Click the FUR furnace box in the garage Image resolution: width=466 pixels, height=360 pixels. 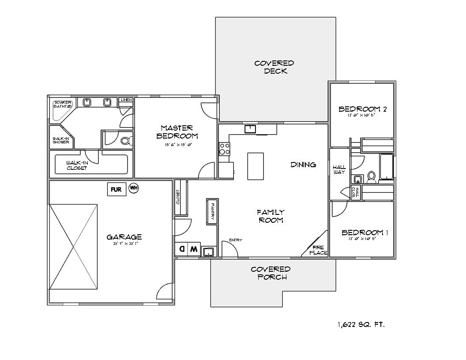pyautogui.click(x=116, y=189)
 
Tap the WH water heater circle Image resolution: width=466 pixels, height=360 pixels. pyautogui.click(x=134, y=188)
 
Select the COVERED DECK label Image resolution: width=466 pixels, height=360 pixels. pyautogui.click(x=274, y=67)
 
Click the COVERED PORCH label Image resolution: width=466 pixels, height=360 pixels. pyautogui.click(x=271, y=273)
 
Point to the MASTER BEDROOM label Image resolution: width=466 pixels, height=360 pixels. pyautogui.click(x=177, y=132)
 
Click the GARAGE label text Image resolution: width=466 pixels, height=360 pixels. pyautogui.click(x=124, y=237)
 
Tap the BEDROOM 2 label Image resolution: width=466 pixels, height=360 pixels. pyautogui.click(x=362, y=109)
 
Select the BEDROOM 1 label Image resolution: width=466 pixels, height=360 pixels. pyautogui.click(x=365, y=232)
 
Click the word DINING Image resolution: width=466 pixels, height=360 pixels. pyautogui.click(x=303, y=165)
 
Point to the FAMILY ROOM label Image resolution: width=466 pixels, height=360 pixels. pyautogui.click(x=271, y=216)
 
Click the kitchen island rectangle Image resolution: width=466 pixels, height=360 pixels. pyautogui.click(x=256, y=166)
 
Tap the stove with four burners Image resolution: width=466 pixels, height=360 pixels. pyautogui.click(x=224, y=149)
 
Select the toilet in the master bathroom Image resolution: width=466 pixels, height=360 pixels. pyautogui.click(x=125, y=141)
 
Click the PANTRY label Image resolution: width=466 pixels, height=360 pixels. pyautogui.click(x=212, y=211)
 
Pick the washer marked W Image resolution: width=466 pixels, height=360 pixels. pyautogui.click(x=194, y=249)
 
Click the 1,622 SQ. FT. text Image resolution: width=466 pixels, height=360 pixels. pyautogui.click(x=361, y=324)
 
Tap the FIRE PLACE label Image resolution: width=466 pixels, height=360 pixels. pyautogui.click(x=318, y=250)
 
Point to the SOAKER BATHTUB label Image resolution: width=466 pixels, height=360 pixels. pyautogui.click(x=62, y=104)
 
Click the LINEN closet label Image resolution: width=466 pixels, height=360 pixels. pyautogui.click(x=126, y=100)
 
